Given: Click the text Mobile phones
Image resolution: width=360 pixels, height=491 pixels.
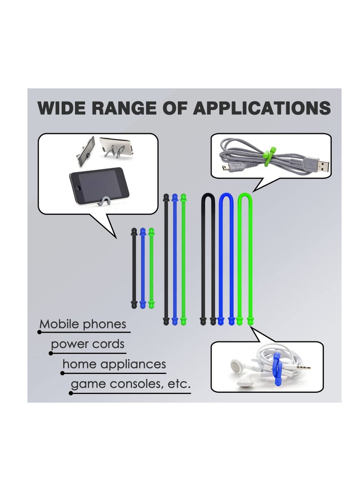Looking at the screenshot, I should tap(83, 324).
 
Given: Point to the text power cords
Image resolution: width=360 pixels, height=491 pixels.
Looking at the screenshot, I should tap(87, 344).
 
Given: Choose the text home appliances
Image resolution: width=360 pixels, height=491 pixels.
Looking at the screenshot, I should tap(114, 364).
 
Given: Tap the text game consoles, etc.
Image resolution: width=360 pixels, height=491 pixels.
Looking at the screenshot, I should tap(130, 384).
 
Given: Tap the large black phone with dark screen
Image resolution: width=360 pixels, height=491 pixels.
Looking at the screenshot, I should tap(98, 185).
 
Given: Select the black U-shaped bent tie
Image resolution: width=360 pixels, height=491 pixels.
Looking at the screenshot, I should tap(207, 257).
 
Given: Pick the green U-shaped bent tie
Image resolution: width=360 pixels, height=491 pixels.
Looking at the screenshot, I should tap(245, 257).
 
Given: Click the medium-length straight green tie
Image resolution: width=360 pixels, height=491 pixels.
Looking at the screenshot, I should tap(183, 259).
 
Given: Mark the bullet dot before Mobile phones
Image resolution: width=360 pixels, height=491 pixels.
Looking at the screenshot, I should tap(40, 333).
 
